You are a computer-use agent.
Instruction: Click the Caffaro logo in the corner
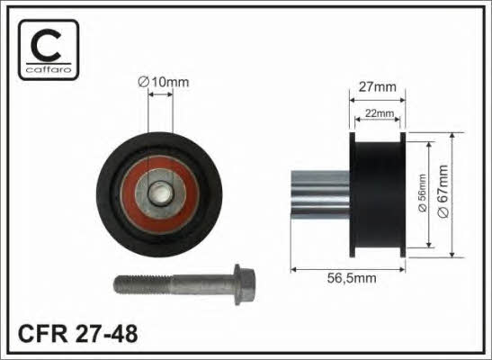(49, 49)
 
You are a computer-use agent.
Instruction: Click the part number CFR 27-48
(78, 334)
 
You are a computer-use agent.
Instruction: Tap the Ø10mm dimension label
(164, 82)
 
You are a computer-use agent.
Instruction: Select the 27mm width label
(378, 87)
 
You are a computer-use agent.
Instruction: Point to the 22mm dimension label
(380, 113)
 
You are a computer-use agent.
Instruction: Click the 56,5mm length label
(352, 278)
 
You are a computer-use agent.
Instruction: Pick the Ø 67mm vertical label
(443, 192)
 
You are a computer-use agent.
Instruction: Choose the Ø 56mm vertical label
(423, 193)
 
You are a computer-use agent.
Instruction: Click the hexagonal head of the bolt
(245, 284)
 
